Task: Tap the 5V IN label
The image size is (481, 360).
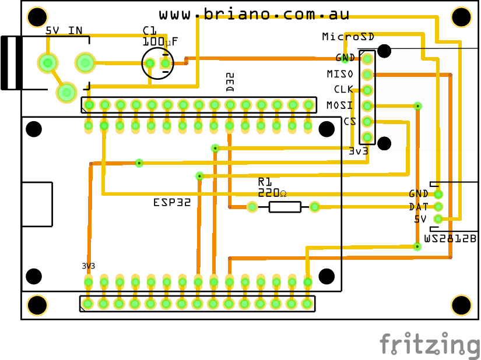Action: click(x=64, y=30)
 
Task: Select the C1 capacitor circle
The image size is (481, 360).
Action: click(x=157, y=63)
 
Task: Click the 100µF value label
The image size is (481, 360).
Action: click(x=160, y=42)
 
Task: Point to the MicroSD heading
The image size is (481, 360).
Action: click(x=348, y=37)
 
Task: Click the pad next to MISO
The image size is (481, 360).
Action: click(x=367, y=74)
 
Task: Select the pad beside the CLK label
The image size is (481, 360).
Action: click(x=367, y=90)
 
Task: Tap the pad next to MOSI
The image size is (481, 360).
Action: click(x=367, y=105)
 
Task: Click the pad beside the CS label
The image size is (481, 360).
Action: click(x=367, y=121)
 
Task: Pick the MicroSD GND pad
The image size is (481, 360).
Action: click(x=367, y=58)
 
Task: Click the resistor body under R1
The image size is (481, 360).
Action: click(x=285, y=206)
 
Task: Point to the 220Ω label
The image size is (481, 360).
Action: click(x=272, y=193)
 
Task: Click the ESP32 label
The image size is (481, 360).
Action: click(x=171, y=203)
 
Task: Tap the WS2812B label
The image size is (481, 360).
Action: click(x=450, y=239)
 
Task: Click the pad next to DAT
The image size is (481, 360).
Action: click(x=438, y=206)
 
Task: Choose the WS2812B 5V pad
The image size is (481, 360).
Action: click(x=438, y=219)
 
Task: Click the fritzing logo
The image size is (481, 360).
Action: click(x=430, y=344)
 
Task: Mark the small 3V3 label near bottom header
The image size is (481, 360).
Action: click(x=88, y=266)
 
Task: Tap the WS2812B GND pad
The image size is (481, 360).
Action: click(x=438, y=194)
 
